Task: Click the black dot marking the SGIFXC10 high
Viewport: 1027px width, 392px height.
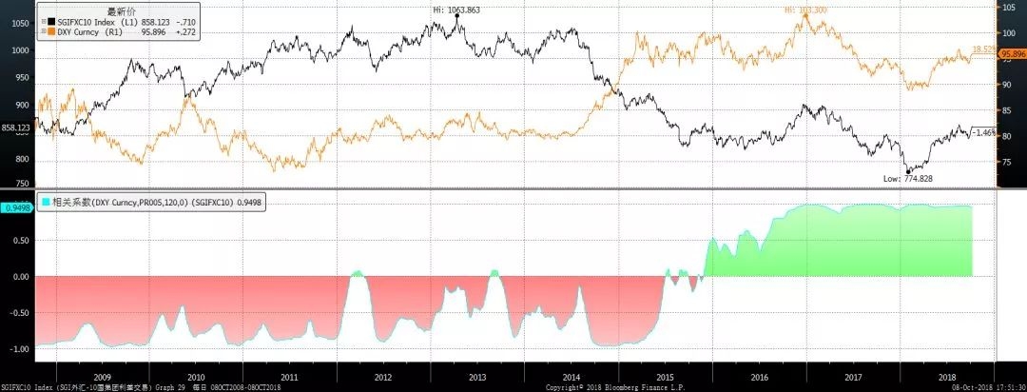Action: coord(457,16)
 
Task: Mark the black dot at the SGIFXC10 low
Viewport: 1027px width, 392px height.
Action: coord(907,172)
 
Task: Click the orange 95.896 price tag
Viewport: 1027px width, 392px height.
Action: coord(1011,55)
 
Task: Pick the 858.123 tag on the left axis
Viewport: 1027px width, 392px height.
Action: coord(16,127)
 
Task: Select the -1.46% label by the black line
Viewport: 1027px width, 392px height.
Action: coord(984,132)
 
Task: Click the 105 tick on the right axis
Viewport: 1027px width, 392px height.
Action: coord(1009,7)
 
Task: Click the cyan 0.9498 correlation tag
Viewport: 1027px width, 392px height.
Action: coord(16,206)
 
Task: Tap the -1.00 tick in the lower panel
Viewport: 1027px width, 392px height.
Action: coord(18,349)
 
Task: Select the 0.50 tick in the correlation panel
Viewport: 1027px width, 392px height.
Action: coord(20,241)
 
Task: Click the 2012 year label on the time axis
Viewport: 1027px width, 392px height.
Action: coord(383,378)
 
